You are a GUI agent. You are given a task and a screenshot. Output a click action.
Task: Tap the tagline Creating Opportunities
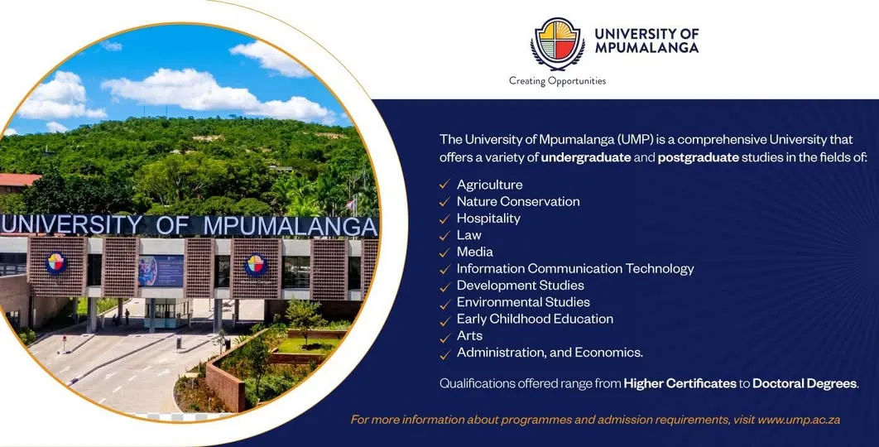point(557,81)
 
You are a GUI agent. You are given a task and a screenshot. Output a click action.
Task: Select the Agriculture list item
point(489,185)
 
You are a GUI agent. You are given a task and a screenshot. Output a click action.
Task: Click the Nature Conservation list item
point(518,201)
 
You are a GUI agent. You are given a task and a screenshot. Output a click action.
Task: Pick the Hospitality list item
point(488,219)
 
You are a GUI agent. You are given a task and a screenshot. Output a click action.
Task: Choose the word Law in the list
point(468,235)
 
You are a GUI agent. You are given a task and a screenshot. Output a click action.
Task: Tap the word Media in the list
point(474,252)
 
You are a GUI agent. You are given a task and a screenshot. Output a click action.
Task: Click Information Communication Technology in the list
point(575,268)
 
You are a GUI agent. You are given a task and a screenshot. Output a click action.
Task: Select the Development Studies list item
point(520,286)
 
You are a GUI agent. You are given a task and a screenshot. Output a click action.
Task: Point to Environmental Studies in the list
point(523,302)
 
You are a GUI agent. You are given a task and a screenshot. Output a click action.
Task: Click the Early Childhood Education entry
point(535,319)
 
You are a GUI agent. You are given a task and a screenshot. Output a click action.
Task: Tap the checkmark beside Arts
point(444,336)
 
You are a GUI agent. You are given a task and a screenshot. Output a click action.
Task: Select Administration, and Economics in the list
point(550,353)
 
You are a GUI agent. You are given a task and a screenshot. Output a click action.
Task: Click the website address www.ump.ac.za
point(799,420)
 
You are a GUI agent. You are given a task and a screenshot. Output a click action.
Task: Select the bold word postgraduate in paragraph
point(698,156)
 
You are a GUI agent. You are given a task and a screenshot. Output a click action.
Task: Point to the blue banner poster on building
point(161,270)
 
